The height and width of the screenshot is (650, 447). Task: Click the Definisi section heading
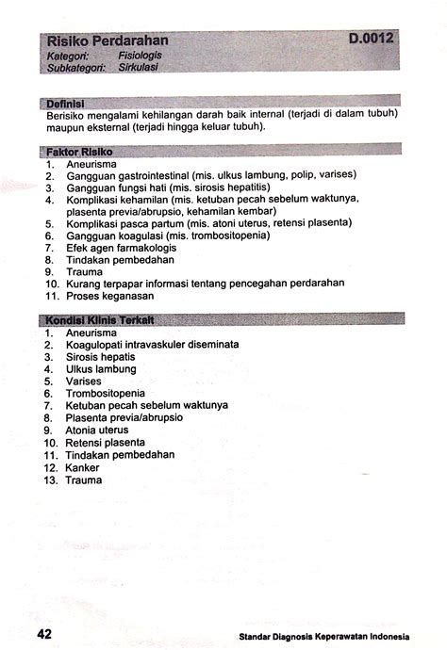click(66, 102)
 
